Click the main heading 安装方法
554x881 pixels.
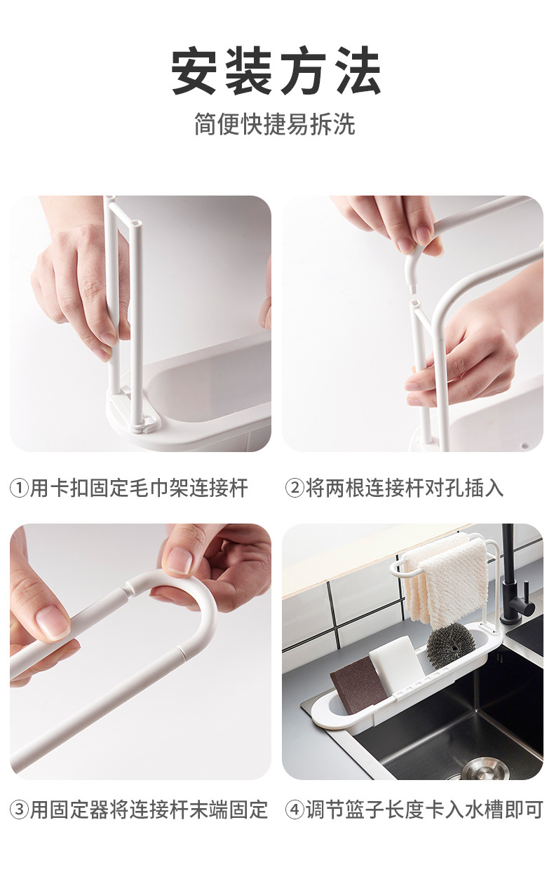click(x=276, y=70)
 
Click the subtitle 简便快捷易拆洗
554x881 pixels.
click(x=275, y=124)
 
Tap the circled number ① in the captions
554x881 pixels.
click(x=19, y=489)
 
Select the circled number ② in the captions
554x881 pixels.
click(x=295, y=489)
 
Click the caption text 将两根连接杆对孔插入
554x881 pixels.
click(x=405, y=489)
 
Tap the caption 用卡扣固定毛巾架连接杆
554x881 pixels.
click(x=139, y=489)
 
